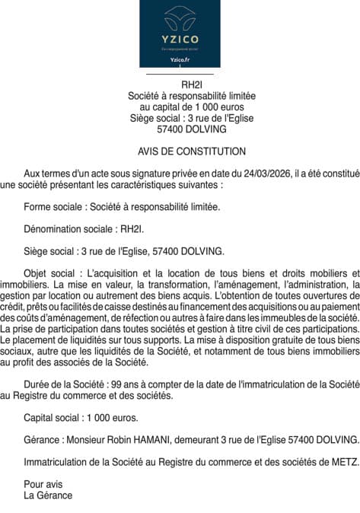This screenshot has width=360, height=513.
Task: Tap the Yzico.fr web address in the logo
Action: pyautogui.click(x=180, y=59)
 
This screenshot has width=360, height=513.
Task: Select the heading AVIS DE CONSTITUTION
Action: pyautogui.click(x=180, y=151)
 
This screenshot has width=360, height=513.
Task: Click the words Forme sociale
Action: pyautogui.click(x=54, y=206)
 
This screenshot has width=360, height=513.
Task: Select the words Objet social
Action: pyautogui.click(x=50, y=272)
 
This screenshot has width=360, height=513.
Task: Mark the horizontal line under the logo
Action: pyautogui.click(x=180, y=74)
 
